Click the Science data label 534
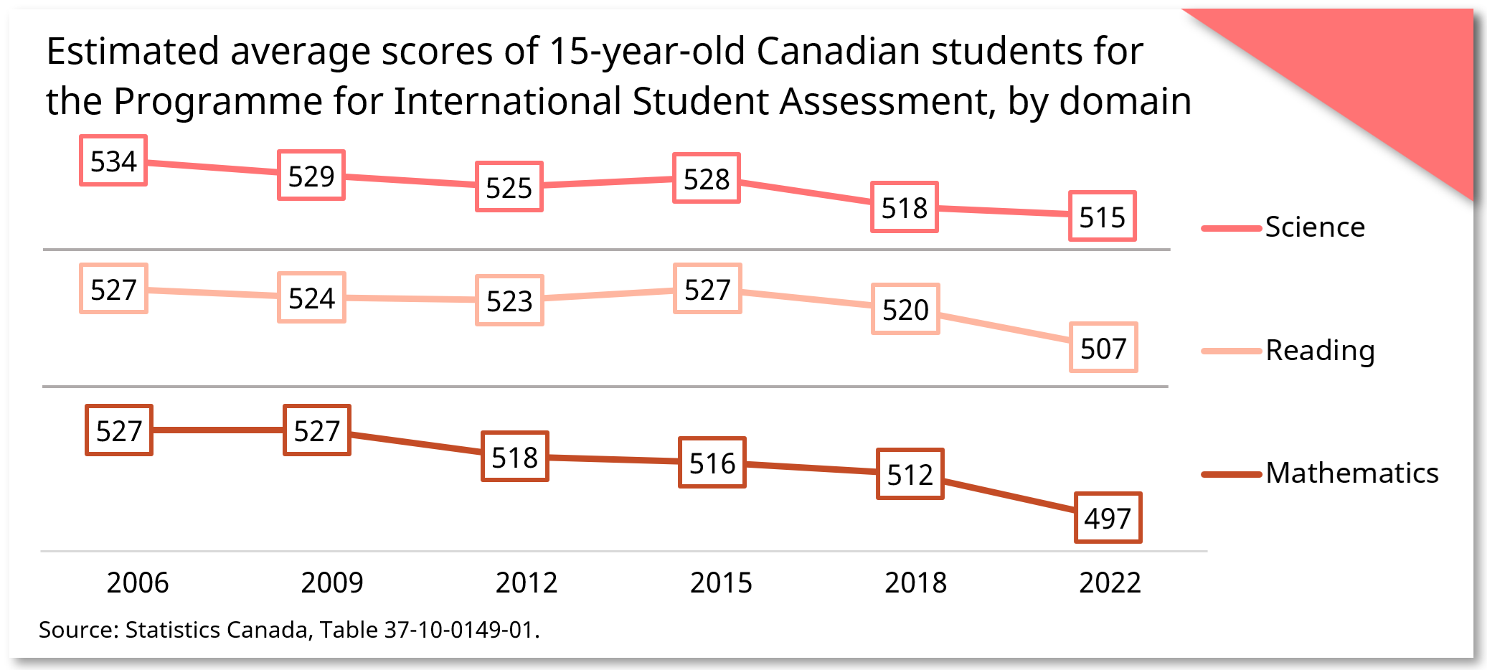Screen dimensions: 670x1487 113,161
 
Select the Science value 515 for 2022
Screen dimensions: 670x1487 1102,216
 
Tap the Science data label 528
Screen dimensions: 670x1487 706,178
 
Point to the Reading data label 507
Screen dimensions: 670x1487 1103,348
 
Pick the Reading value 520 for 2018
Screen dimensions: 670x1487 905,309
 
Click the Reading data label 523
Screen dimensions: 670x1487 509,301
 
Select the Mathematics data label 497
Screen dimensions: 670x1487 1108,518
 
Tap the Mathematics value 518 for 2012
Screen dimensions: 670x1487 514,457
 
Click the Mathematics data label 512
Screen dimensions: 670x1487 910,474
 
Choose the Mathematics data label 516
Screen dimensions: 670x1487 712,463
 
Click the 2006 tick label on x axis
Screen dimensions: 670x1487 138,582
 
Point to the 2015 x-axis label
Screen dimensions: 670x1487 721,582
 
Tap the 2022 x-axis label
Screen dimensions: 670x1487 1110,582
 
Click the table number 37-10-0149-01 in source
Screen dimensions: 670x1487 459,630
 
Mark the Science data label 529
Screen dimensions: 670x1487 311,175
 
